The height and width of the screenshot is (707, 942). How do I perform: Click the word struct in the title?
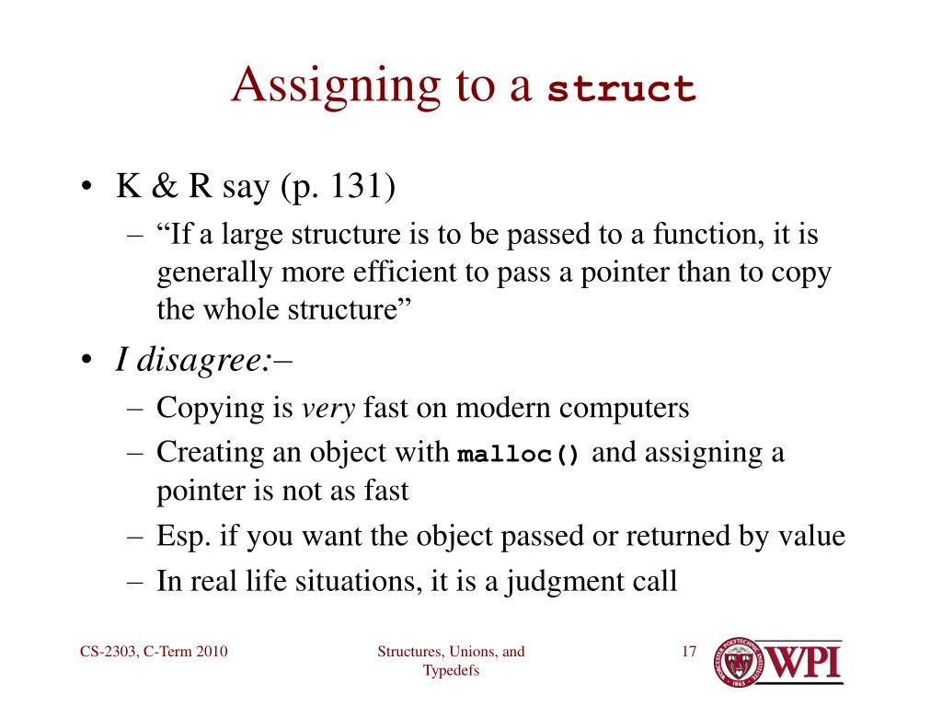[x=621, y=89]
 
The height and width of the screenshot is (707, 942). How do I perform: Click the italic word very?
[x=328, y=408]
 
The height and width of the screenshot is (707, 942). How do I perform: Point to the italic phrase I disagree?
[x=193, y=362]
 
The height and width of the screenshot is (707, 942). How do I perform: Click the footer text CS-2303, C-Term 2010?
[x=154, y=653]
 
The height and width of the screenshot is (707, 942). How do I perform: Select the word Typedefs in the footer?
[x=451, y=671]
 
